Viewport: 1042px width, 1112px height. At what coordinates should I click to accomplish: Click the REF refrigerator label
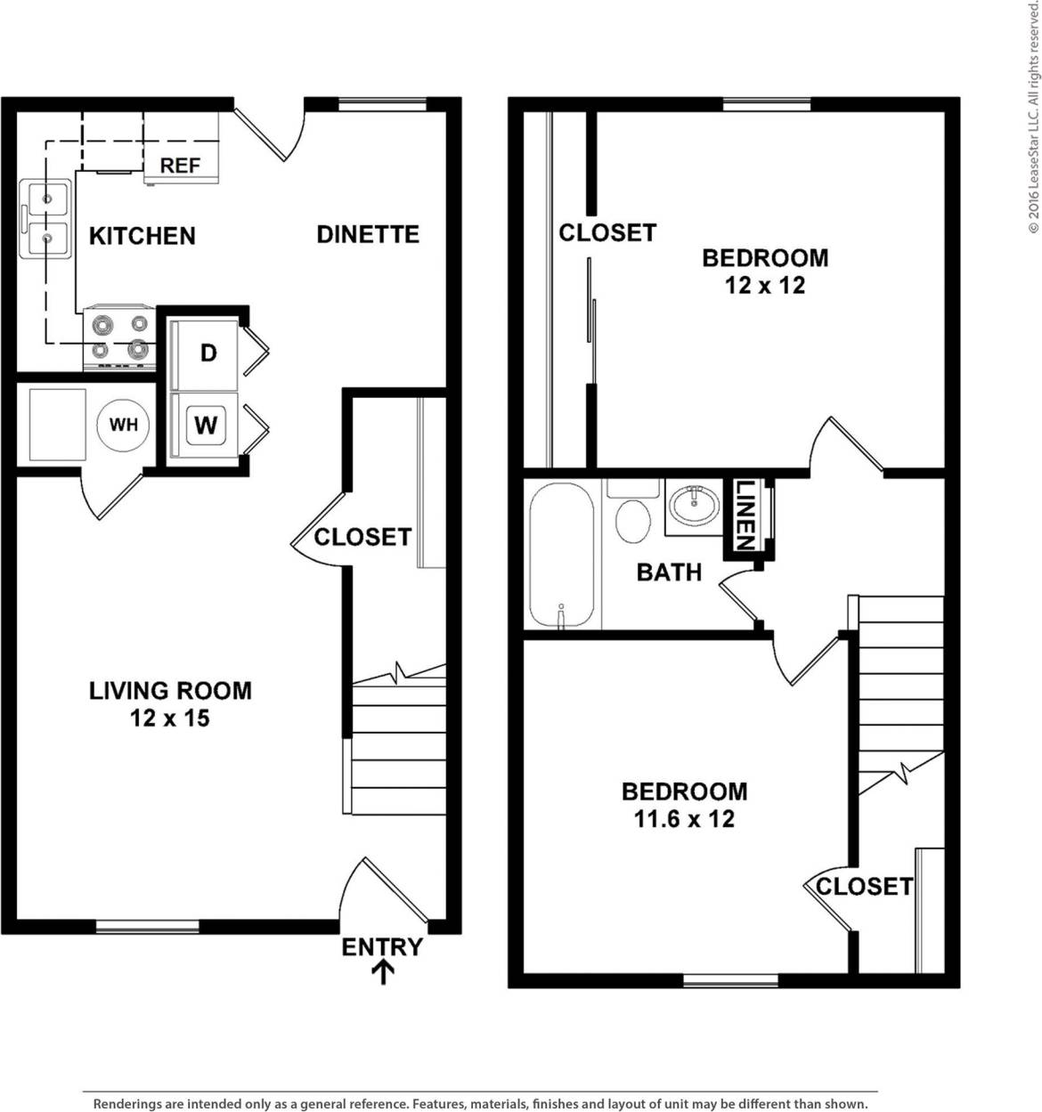point(180,166)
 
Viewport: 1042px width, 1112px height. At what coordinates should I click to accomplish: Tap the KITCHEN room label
point(142,236)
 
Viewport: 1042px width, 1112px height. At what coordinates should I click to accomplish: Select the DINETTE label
point(368,234)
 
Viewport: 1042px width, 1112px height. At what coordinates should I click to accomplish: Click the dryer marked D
point(208,353)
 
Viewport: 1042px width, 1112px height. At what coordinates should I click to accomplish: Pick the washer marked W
point(206,425)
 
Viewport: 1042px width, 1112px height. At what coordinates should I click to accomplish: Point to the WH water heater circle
point(123,425)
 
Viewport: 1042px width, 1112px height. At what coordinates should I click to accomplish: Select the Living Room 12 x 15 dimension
point(170,718)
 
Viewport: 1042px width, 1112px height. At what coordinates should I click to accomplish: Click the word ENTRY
point(382,947)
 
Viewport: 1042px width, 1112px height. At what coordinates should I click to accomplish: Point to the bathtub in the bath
point(561,556)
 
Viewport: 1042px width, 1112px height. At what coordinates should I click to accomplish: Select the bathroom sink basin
point(695,506)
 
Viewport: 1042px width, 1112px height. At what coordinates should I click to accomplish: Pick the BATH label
point(669,572)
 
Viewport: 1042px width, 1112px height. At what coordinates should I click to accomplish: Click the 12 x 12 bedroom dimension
point(764,286)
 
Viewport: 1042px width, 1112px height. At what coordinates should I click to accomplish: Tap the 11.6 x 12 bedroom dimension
point(684,819)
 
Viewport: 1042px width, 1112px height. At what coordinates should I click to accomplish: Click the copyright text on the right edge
point(1033,116)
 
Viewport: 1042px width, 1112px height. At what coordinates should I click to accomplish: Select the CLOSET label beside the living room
point(362,537)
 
